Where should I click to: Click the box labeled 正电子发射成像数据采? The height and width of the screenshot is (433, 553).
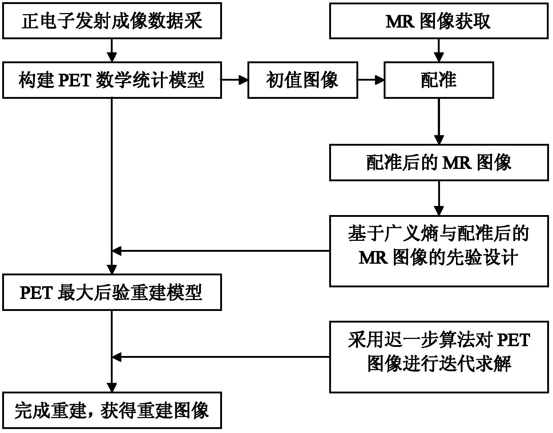click(x=112, y=21)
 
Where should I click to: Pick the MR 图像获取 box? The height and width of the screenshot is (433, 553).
click(x=439, y=21)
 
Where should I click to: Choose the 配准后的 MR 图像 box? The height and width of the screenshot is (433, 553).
click(x=439, y=162)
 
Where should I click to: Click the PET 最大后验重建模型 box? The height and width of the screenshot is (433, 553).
click(x=112, y=293)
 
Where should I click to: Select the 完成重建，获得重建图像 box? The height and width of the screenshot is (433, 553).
click(x=112, y=410)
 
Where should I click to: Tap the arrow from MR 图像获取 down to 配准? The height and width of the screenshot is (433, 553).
click(x=439, y=50)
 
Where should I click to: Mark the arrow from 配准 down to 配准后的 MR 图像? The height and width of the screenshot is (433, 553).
click(x=439, y=121)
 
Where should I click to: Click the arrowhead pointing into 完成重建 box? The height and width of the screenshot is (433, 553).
click(x=112, y=387)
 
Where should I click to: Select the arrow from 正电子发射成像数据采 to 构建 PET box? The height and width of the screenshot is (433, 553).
click(x=112, y=50)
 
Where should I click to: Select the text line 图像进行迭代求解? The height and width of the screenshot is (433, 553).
click(x=439, y=363)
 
